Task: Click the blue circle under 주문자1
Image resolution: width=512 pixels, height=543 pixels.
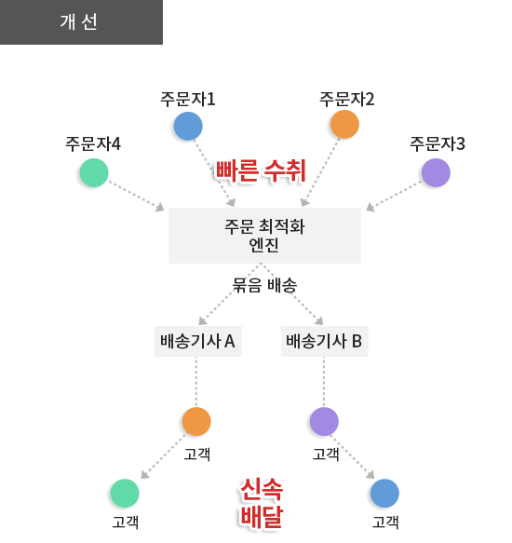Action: pyautogui.click(x=188, y=126)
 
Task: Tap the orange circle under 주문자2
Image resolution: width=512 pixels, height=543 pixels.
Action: pyautogui.click(x=344, y=124)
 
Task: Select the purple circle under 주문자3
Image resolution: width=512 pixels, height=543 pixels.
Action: pyautogui.click(x=436, y=173)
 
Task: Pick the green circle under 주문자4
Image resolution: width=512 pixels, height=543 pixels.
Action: pyautogui.click(x=94, y=173)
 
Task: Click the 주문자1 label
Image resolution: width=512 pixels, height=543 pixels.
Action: pyautogui.click(x=188, y=99)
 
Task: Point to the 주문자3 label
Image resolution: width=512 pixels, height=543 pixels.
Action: pyautogui.click(x=438, y=143)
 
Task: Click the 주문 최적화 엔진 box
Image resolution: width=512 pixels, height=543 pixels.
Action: pyautogui.click(x=264, y=236)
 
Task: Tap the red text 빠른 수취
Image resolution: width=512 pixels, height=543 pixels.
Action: pyautogui.click(x=261, y=170)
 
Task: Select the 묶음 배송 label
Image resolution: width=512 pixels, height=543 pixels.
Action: pyautogui.click(x=264, y=285)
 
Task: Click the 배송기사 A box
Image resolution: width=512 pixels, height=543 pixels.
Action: pyautogui.click(x=197, y=341)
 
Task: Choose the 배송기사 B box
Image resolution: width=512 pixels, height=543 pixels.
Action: pyautogui.click(x=324, y=341)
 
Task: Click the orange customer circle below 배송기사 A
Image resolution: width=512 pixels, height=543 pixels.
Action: pyautogui.click(x=196, y=421)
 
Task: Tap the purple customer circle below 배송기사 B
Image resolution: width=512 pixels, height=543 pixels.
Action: pyautogui.click(x=324, y=421)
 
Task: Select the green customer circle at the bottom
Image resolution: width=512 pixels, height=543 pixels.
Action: pyautogui.click(x=125, y=493)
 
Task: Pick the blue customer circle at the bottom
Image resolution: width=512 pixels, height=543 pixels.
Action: pyautogui.click(x=384, y=493)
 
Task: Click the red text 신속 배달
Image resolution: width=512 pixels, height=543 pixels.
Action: pyautogui.click(x=262, y=503)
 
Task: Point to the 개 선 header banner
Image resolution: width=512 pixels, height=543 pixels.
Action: pyautogui.click(x=81, y=22)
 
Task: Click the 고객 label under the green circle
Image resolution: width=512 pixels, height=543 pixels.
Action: pyautogui.click(x=126, y=522)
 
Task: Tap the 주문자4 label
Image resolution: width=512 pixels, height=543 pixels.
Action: pyautogui.click(x=93, y=143)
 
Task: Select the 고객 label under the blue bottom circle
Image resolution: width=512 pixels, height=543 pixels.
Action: pyautogui.click(x=385, y=522)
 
